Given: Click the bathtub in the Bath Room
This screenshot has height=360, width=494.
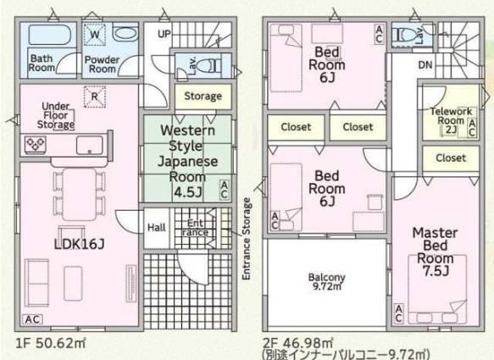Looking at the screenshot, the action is click(48, 35).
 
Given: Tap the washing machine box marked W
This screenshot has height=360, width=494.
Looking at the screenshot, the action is click(95, 35).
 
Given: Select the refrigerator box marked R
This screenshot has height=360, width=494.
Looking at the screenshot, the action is click(95, 97).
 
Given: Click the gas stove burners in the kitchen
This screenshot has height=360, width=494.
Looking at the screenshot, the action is click(36, 145).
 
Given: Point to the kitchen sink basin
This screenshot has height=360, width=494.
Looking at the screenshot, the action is click(90, 145).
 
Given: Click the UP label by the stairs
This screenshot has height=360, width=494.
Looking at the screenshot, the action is click(164, 34).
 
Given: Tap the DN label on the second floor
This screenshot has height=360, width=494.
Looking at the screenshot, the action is click(425, 65).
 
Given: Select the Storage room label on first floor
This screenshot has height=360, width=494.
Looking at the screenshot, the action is click(203, 96).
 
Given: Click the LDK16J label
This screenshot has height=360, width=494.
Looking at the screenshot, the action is click(79, 244).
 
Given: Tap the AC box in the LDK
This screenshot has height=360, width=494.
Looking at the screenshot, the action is click(32, 319).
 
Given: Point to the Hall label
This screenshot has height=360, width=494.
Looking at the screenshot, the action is click(157, 227).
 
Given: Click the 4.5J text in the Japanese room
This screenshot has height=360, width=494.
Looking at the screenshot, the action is click(187, 191).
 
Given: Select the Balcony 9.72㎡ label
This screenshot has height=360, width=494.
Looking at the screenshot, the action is click(327, 281).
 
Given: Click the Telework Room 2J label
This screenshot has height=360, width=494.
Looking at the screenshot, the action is click(451, 120).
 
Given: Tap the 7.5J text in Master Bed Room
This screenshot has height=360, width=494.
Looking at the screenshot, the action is click(436, 270).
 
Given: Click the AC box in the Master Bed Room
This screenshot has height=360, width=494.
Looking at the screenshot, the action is click(398, 313).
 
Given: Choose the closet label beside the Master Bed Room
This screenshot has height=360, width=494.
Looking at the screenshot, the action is click(451, 158).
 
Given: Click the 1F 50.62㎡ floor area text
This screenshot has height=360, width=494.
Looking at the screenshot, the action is click(50, 343).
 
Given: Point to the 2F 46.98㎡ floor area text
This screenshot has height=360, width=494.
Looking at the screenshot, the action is click(298, 342).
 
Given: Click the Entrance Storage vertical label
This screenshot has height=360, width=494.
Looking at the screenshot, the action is click(247, 239).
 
